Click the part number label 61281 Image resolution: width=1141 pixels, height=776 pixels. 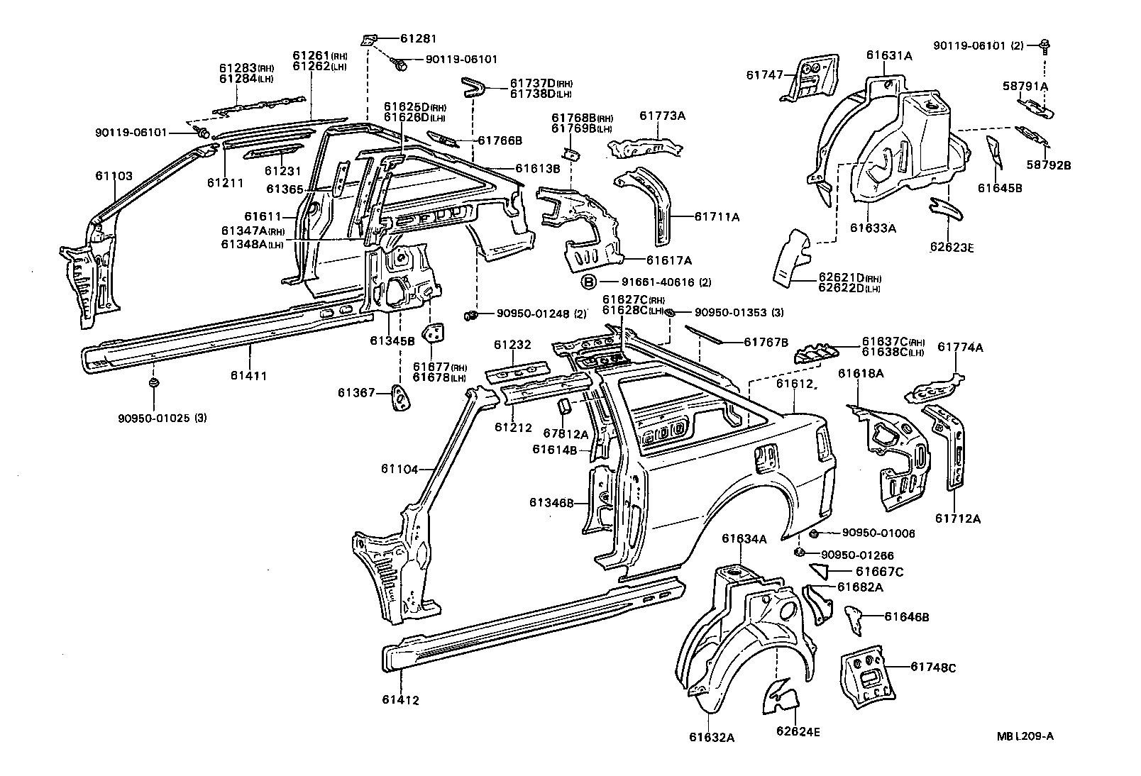[x=418, y=38]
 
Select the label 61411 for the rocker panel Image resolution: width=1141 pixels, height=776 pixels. [x=252, y=376]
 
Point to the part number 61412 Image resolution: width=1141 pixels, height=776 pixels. [x=401, y=700]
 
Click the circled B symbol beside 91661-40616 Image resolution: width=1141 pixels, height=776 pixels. [x=589, y=282]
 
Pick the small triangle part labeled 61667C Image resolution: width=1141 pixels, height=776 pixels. [x=821, y=570]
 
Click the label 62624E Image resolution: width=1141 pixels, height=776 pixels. [x=798, y=731]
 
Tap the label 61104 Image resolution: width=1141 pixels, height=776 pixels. [x=399, y=469]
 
